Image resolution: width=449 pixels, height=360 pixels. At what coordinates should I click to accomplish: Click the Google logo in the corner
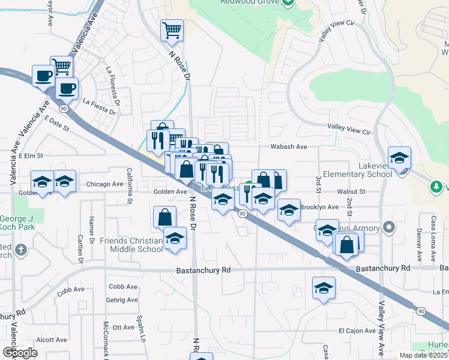20,353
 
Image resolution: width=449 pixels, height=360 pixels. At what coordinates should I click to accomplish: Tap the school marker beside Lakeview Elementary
399,159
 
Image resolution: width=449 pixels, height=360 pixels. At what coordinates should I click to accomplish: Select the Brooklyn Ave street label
320,206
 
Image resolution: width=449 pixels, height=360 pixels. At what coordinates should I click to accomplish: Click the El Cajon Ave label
357,331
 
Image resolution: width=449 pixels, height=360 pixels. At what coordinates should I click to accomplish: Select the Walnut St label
351,191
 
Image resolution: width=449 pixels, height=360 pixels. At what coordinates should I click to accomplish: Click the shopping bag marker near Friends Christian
164,217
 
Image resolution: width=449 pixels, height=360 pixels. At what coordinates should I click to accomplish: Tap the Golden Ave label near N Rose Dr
170,191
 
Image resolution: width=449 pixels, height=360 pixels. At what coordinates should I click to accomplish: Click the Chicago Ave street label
106,184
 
